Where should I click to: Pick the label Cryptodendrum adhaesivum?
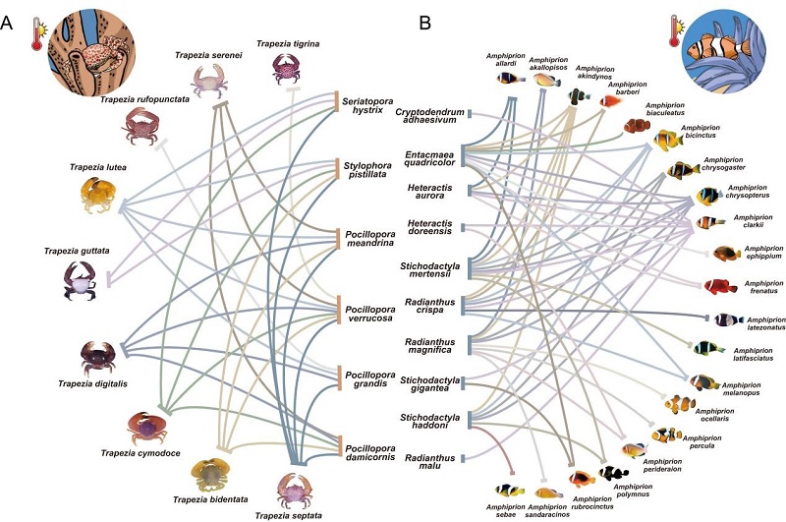coord(429,117)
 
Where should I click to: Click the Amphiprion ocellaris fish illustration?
coord(679,403)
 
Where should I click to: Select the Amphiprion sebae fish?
coord(510,490)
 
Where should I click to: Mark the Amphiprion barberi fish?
coord(610,99)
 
